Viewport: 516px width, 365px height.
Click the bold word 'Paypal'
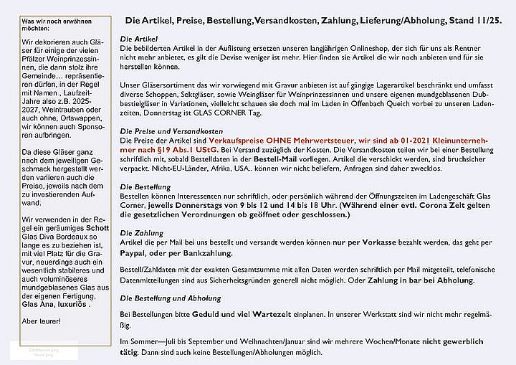click(134, 253)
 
